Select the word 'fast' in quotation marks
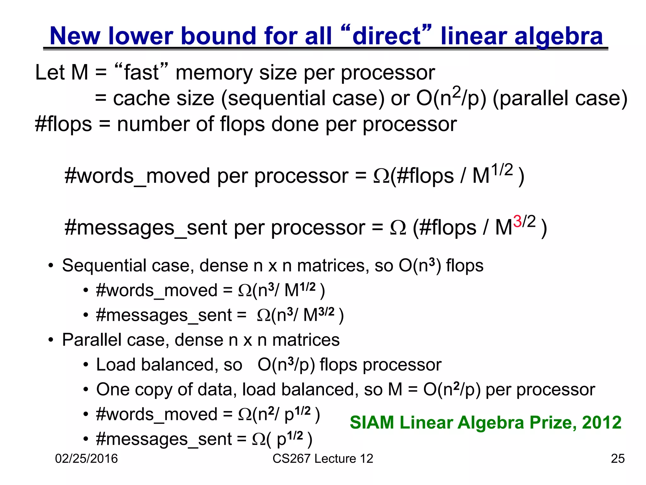point(141,73)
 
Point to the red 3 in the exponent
point(517,221)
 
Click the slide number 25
point(618,458)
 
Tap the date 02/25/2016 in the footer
point(86,458)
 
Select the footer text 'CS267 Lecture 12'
point(323,458)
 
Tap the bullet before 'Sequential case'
point(51,266)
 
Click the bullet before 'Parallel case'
point(51,340)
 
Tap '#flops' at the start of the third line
point(63,124)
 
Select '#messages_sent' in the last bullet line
point(164,440)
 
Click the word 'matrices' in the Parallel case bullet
point(306,340)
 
